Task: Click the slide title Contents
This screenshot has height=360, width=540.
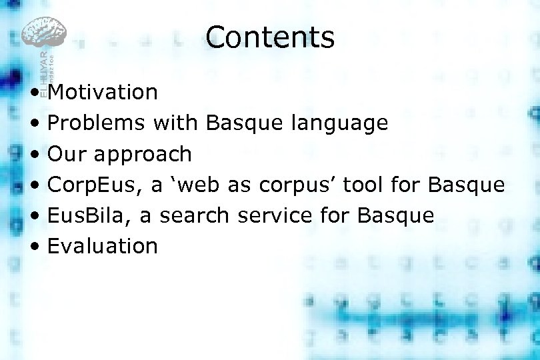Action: click(x=270, y=37)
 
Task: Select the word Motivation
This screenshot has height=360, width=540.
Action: click(x=103, y=92)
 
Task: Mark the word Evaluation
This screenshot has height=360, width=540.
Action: click(x=103, y=246)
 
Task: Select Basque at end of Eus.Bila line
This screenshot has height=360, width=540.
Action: click(x=396, y=216)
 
